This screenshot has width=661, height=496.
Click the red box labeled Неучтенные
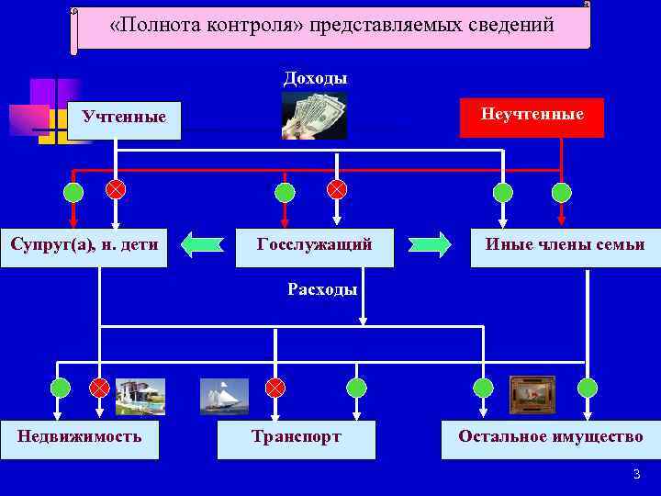[x=532, y=117]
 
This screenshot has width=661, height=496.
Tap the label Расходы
[x=321, y=289]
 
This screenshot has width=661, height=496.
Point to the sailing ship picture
[x=224, y=396]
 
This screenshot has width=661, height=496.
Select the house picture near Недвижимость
[x=140, y=396]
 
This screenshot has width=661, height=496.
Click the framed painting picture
[x=532, y=392]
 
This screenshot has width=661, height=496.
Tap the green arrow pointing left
[x=202, y=244]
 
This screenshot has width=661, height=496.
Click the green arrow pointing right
[x=430, y=244]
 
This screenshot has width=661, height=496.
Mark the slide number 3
[x=635, y=475]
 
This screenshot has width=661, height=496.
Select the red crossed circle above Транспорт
[x=274, y=388]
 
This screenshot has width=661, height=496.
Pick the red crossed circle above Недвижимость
[x=99, y=388]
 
